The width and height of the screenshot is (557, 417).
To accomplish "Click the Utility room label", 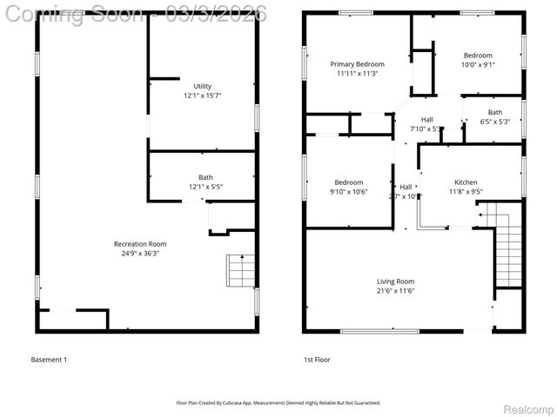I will click(x=202, y=86).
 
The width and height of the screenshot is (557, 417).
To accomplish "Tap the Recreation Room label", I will click(x=140, y=244).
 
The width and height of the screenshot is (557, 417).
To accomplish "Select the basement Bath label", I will click(x=205, y=177).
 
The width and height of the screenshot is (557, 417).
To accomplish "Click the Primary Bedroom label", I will click(x=357, y=64).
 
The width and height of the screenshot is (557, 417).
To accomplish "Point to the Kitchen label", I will click(x=466, y=182).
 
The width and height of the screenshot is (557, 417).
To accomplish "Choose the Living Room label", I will click(x=395, y=281).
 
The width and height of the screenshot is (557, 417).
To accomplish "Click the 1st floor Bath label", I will click(x=494, y=112).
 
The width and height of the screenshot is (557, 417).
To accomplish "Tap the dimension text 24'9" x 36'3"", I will click(x=140, y=253).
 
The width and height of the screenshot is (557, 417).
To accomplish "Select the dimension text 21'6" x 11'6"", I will click(x=395, y=291).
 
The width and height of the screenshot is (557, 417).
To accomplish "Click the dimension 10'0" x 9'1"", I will click(x=477, y=64).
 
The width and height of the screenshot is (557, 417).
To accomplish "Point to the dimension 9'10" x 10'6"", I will click(x=348, y=191).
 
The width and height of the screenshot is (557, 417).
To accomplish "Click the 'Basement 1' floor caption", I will click(x=49, y=360).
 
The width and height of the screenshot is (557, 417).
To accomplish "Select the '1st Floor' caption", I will click(x=317, y=360).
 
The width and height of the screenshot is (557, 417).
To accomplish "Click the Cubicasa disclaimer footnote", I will click(x=278, y=403).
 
